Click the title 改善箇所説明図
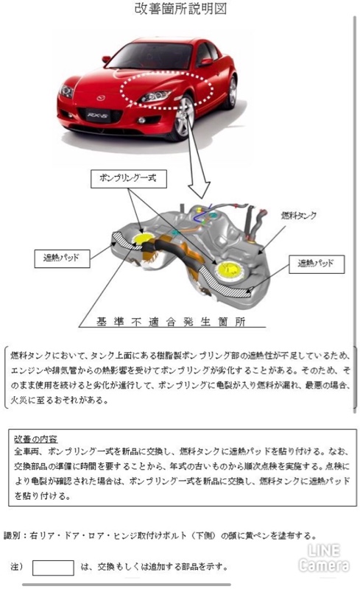tap(180, 8)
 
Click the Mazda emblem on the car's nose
tap(101, 99)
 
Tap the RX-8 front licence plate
tap(98, 116)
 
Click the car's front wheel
tap(184, 119)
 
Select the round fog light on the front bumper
tap(141, 121)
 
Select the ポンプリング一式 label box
tap(129, 178)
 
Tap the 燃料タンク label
tap(299, 215)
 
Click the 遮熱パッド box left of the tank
tap(62, 258)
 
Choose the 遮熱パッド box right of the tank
tap(317, 264)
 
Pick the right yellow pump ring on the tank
tap(229, 269)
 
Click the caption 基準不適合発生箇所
tap(172, 322)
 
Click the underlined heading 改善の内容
tap(35, 439)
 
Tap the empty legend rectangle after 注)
tap(53, 568)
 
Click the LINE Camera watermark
tap(323, 558)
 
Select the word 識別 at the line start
tap(12, 535)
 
